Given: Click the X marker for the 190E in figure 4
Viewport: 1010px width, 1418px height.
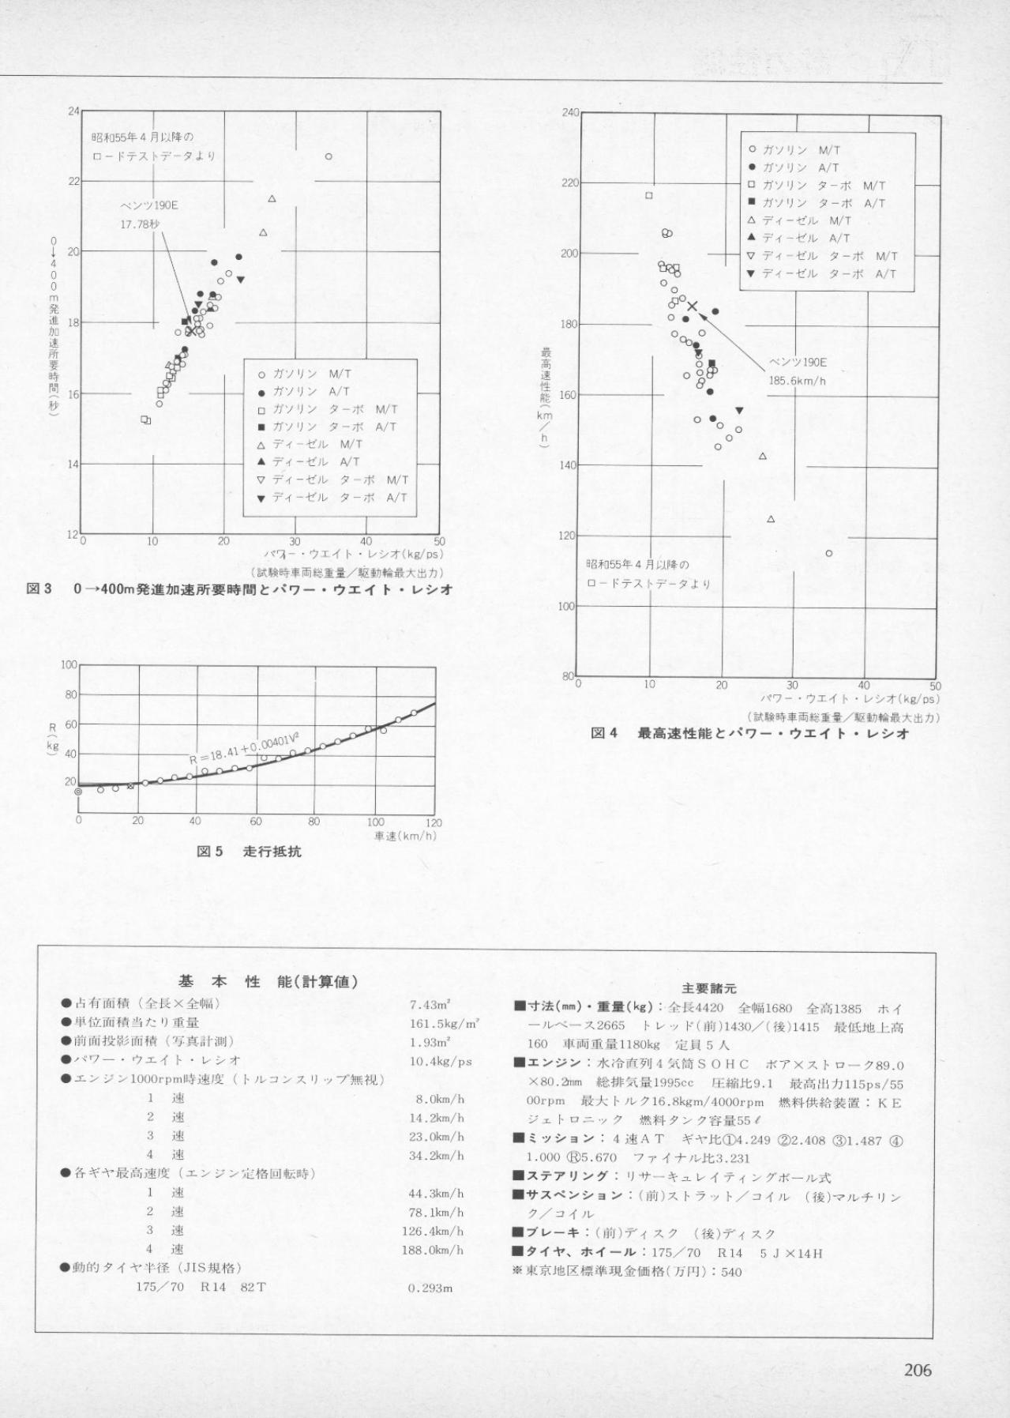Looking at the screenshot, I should coord(693,306).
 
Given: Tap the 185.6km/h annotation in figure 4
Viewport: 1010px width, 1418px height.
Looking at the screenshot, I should coord(798,380).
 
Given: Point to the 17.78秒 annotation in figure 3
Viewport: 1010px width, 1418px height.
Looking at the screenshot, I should coord(140,224).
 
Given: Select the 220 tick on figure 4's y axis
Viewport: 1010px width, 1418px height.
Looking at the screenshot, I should coord(569,182).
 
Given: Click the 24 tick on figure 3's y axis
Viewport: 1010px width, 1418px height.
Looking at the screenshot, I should coord(73,111).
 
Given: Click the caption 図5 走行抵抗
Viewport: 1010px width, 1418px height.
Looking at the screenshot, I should coord(249,852).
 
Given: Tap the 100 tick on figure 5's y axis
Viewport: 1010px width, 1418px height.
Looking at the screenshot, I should coord(69,665).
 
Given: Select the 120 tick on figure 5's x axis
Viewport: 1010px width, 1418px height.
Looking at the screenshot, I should coord(434,822).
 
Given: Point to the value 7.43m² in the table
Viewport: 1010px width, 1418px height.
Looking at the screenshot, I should coord(430,1004).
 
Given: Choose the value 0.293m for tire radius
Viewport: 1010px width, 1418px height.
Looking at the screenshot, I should coord(430,1288).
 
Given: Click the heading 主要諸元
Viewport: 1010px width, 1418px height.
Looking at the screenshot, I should coord(708,988).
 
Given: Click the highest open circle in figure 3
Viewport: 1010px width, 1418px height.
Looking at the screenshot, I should coord(329,156).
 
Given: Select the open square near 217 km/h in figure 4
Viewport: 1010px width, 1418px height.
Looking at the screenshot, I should coord(649,195).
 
